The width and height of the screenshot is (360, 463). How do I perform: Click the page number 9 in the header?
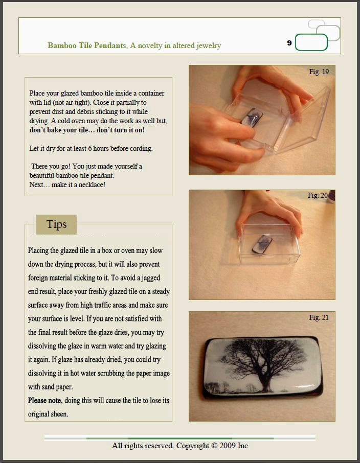[289, 43]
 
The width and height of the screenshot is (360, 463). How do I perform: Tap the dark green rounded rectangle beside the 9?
[311, 42]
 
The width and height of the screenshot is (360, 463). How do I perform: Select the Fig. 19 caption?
[319, 72]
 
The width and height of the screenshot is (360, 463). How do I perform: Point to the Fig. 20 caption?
[318, 195]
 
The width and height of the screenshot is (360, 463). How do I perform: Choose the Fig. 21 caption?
[319, 317]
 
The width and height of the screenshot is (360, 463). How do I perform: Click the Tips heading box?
[56, 224]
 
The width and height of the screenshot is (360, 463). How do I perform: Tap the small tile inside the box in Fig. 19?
[252, 118]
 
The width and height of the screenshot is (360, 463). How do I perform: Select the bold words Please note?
[45, 401]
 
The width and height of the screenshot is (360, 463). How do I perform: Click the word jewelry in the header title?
[209, 46]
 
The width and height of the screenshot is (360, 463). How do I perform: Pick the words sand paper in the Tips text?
[51, 387]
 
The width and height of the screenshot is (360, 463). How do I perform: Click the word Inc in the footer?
[243, 446]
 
